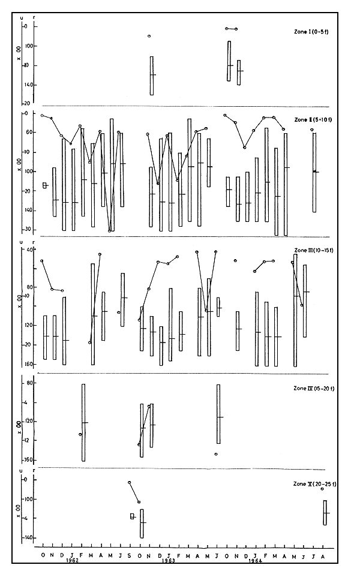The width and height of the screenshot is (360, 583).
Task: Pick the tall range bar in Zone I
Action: tap(152, 76)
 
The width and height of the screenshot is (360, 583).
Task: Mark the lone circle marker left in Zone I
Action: tap(149, 36)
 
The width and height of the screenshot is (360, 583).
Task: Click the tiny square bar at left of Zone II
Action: tap(45, 185)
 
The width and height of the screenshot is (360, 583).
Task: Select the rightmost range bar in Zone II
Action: tap(314, 172)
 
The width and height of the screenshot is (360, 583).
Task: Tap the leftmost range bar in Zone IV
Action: tap(83, 422)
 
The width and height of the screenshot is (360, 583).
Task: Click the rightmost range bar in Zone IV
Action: tap(218, 414)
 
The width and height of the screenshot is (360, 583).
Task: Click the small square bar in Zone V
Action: tap(133, 516)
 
